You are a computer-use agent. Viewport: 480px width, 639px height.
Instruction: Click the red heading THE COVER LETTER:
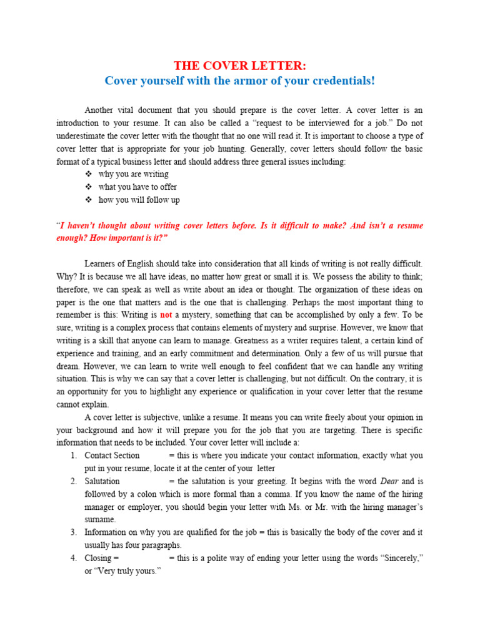point(240,66)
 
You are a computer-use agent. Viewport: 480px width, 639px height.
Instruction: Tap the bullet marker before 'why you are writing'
point(87,174)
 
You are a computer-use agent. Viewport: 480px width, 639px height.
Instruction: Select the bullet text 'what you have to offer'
point(137,187)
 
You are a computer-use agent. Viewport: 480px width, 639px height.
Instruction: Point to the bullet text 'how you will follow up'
point(139,200)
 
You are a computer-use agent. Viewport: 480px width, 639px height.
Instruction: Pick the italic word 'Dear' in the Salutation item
point(388,481)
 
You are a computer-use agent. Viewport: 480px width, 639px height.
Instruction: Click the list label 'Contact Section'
point(112,456)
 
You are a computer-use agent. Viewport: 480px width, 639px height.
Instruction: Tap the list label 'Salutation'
point(102,481)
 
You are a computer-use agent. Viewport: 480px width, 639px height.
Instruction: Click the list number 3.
point(73,532)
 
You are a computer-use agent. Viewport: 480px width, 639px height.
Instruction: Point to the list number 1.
point(73,456)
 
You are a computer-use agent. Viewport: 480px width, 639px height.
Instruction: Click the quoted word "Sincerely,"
point(396,558)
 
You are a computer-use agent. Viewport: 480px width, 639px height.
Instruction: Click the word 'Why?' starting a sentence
point(66,276)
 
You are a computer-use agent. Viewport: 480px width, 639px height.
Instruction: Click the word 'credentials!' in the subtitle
point(342,81)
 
